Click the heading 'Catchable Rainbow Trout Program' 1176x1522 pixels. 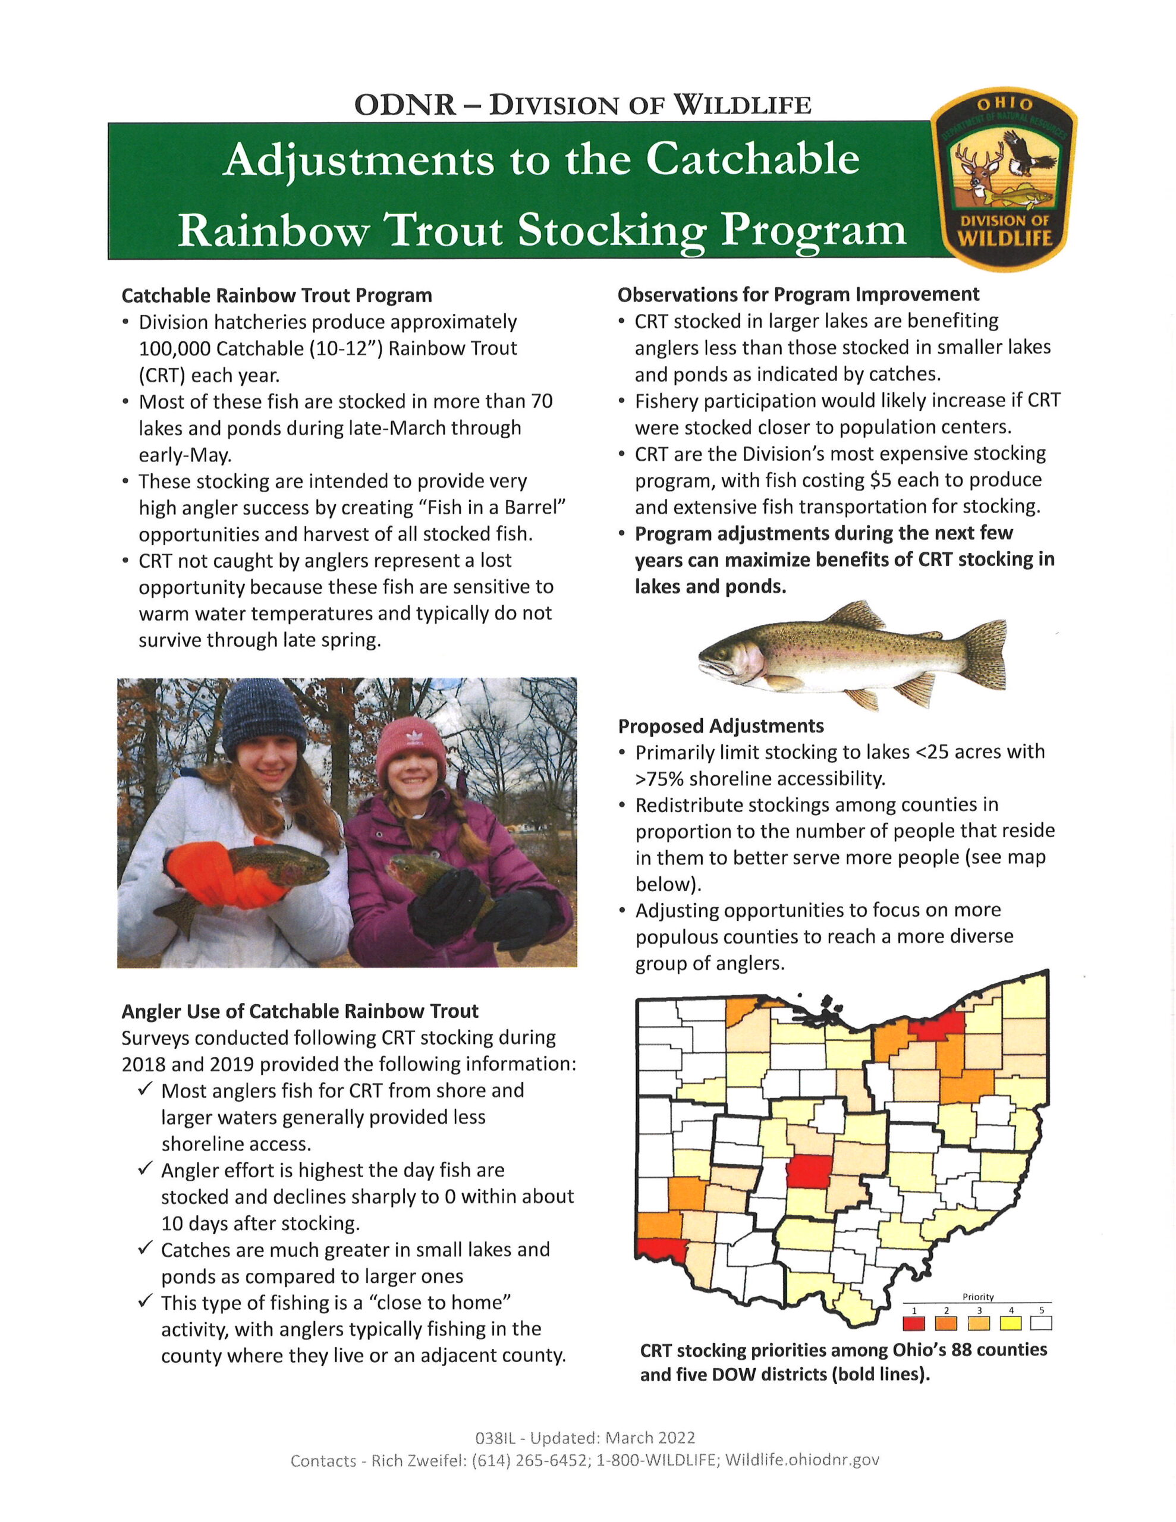pyautogui.click(x=276, y=295)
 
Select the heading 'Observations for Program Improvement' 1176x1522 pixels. pyautogui.click(x=798, y=294)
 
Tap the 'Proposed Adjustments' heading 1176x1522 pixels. pyautogui.click(x=721, y=726)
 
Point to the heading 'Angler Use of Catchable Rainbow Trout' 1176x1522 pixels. pyautogui.click(x=300, y=1011)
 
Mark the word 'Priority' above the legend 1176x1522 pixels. pyautogui.click(x=978, y=1297)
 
